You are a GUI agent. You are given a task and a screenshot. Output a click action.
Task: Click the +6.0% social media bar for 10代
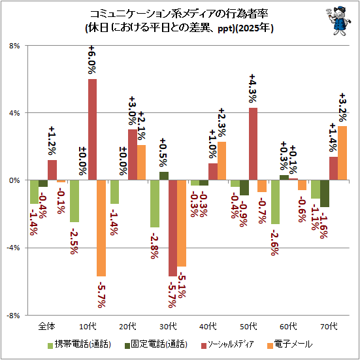[x=92, y=129]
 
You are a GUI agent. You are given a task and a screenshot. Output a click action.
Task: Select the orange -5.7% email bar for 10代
[x=101, y=228]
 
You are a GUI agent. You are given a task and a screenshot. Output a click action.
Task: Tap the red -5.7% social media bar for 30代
[x=172, y=228]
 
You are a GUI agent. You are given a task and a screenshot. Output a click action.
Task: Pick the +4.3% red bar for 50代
[x=253, y=144]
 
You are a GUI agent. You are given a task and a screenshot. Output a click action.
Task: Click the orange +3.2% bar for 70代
[x=342, y=153]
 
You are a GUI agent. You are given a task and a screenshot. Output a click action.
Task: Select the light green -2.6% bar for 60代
[x=275, y=202]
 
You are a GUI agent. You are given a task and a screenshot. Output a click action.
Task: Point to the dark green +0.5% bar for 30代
[x=164, y=176]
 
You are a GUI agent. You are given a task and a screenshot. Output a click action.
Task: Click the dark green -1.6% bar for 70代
[x=325, y=193]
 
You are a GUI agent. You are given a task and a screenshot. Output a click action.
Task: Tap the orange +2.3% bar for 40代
[x=221, y=161]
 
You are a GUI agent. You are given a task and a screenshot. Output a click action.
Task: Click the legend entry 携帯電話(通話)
[x=80, y=344]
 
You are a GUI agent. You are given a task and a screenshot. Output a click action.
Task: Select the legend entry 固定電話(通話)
[x=156, y=344]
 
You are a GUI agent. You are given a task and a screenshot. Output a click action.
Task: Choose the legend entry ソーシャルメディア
[x=227, y=344]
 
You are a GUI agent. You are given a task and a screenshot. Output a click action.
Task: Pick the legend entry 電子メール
[x=290, y=344]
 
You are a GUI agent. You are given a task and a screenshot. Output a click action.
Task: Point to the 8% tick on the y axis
[x=14, y=46]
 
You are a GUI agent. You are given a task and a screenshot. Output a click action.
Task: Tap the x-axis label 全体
[x=47, y=326]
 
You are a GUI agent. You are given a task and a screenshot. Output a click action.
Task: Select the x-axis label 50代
[x=248, y=326]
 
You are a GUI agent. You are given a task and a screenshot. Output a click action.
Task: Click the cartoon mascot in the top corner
[x=338, y=21]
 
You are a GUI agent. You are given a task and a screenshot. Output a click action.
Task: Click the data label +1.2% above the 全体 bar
[x=52, y=140]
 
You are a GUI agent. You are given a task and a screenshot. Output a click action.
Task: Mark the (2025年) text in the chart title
[x=254, y=29]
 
